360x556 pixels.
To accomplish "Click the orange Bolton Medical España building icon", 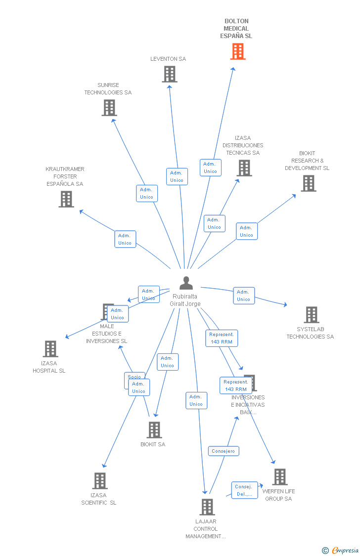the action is [x=238, y=51].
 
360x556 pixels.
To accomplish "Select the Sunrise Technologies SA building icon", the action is [x=109, y=108].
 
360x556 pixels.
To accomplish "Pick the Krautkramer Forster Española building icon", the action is [x=66, y=199].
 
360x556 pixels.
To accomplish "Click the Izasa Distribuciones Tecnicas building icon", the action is [x=244, y=168].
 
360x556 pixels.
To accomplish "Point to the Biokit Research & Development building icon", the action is [x=309, y=183].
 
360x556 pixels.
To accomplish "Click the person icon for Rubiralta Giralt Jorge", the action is [x=186, y=283].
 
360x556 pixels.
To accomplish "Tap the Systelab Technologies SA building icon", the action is [x=312, y=315].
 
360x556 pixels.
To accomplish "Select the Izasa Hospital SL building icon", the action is [x=50, y=349].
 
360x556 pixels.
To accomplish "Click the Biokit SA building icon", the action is [x=154, y=430].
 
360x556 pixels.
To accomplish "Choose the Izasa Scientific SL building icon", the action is [x=100, y=481].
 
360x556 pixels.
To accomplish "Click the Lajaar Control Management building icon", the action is [x=207, y=507].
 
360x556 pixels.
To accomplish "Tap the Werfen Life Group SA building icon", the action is [x=280, y=477].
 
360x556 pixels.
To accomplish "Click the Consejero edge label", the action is [x=224, y=451].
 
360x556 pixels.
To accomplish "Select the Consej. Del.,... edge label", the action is [x=244, y=490].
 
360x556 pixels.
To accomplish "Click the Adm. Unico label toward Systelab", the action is [x=244, y=296].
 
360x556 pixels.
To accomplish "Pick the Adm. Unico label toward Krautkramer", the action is [x=125, y=239].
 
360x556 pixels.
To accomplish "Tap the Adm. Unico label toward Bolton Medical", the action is [x=210, y=168].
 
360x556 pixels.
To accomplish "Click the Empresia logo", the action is [x=340, y=551].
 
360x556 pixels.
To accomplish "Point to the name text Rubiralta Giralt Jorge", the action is [x=185, y=300].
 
